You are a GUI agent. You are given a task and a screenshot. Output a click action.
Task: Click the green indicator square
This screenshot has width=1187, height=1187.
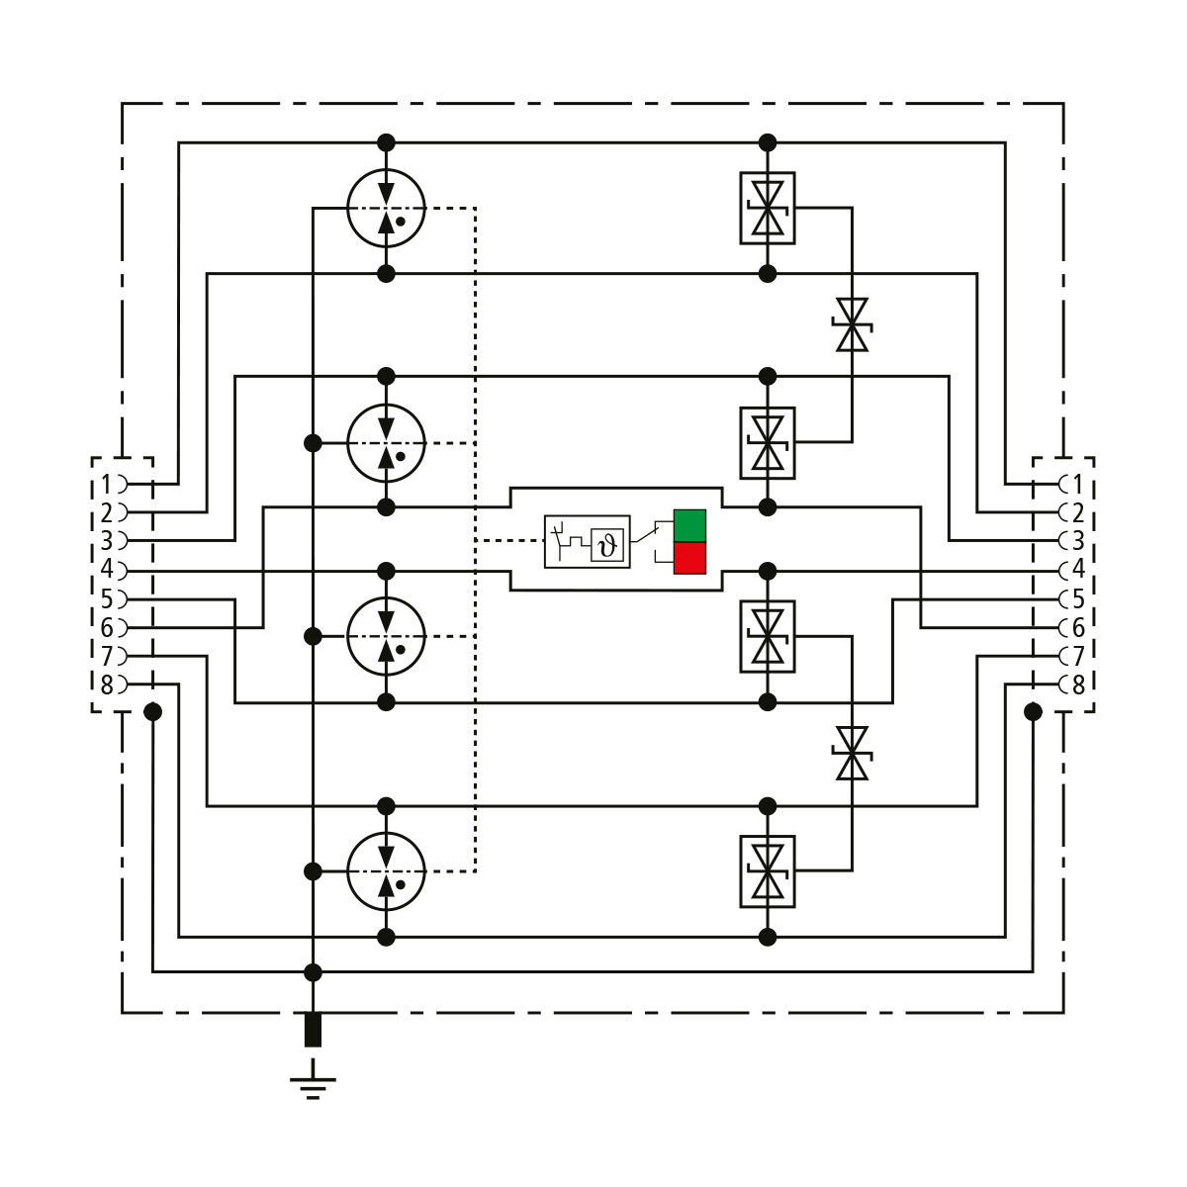coord(689,525)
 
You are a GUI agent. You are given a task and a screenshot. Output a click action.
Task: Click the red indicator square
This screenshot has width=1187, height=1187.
coord(689,558)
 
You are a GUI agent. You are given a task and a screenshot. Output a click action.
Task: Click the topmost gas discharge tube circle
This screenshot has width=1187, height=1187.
coord(386,208)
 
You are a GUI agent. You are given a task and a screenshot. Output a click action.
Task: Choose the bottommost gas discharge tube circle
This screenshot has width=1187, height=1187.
coord(386,871)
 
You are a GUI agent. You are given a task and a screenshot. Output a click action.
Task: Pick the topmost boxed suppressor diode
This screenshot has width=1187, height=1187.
coord(768,208)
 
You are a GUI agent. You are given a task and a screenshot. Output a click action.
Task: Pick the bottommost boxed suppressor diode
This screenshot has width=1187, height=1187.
coord(768,871)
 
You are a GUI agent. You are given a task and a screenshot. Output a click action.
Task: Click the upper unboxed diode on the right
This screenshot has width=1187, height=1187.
coord(852,324)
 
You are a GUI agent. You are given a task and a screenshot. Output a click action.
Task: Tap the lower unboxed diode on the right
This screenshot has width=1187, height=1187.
coord(852,753)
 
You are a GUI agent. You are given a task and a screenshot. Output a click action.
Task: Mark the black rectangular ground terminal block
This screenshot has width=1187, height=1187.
coord(313,1029)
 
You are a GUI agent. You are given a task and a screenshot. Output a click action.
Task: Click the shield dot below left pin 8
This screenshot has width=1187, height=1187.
coord(152,711)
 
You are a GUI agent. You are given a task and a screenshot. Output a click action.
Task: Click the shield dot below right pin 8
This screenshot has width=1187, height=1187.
coord(1034,711)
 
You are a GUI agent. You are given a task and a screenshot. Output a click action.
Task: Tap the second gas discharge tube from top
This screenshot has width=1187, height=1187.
coord(386,442)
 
